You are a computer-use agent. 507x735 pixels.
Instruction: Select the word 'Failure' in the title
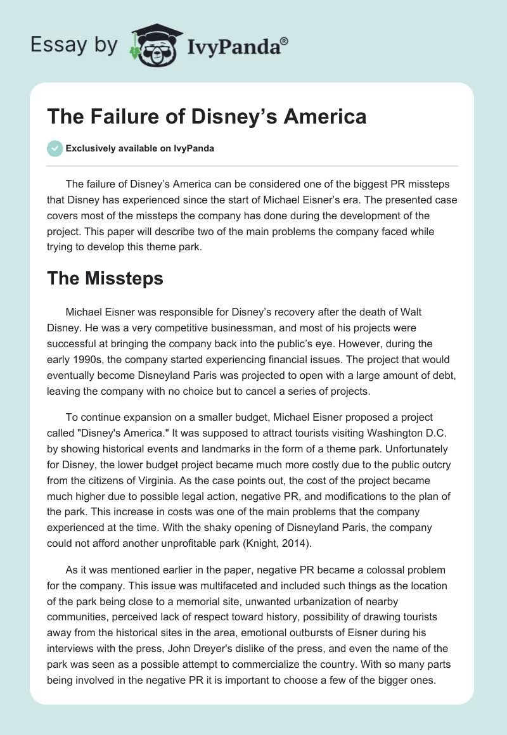pyautogui.click(x=119, y=117)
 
